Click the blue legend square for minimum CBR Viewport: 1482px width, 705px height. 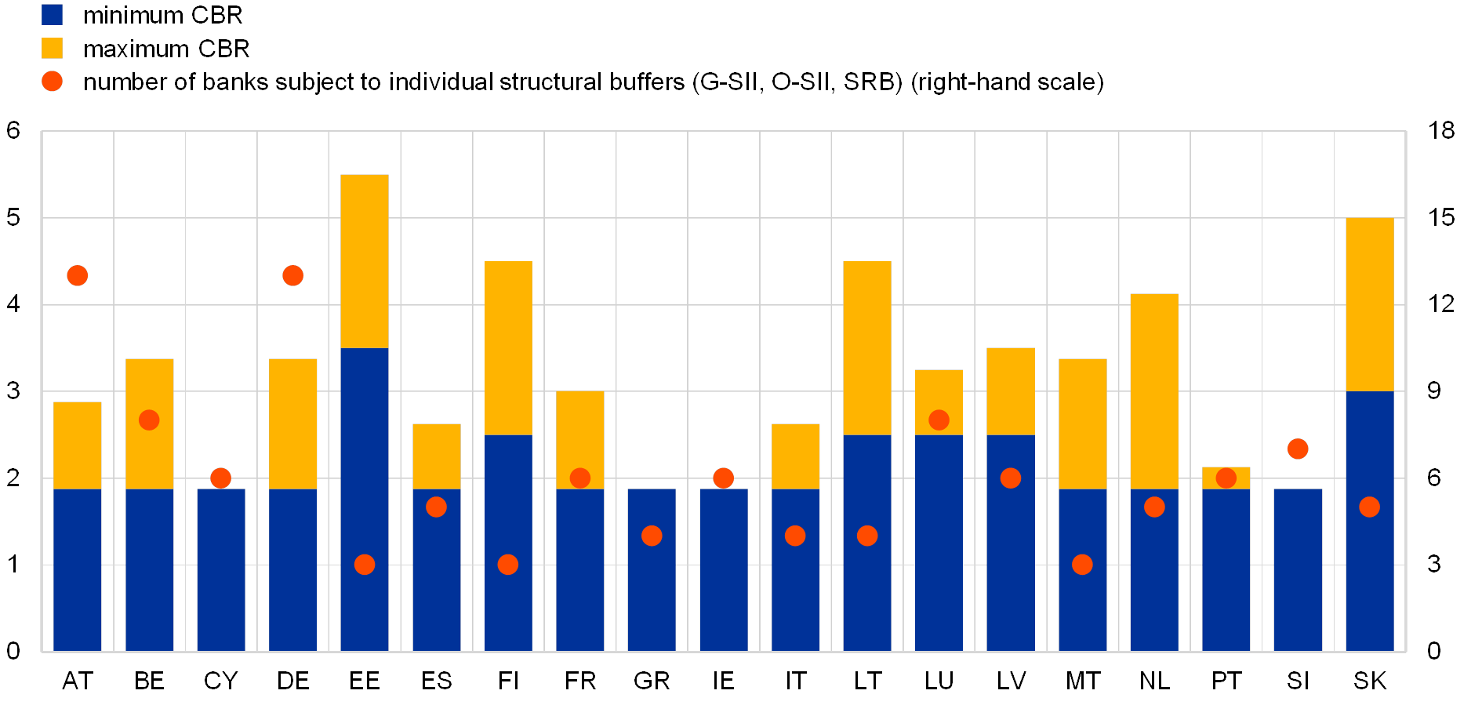53,15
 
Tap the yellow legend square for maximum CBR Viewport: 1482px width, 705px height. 53,49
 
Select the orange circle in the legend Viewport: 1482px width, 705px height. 53,82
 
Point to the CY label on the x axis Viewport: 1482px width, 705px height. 221,681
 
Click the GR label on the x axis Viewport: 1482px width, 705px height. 652,681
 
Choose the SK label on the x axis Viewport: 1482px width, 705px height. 1370,681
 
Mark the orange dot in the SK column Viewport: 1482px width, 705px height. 1370,507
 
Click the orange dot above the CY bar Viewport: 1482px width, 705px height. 221,478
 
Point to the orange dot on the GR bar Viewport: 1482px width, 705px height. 652,536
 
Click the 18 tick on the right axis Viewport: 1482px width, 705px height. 1441,130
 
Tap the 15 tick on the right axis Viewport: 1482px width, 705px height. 1441,217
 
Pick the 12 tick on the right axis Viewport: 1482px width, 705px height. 1441,303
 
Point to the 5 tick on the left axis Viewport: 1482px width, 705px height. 13,217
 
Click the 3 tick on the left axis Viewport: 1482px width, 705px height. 13,391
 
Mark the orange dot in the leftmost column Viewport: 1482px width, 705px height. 78,276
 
